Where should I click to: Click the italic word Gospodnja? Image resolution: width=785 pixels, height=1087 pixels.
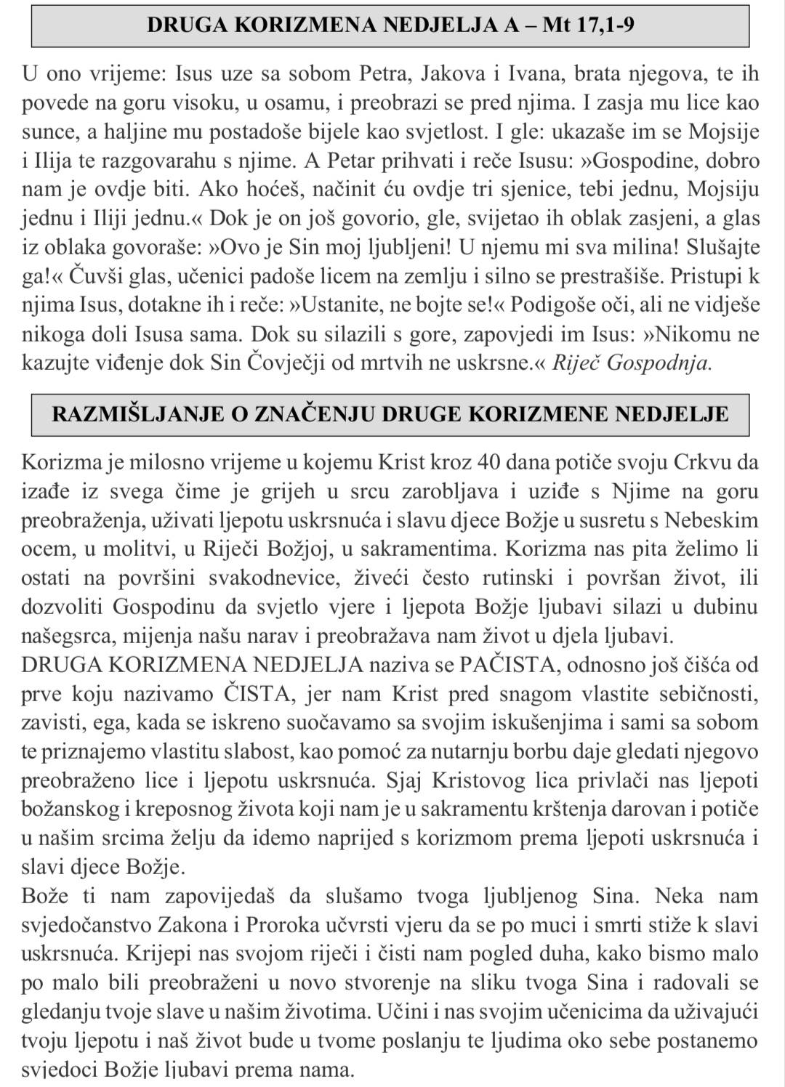coord(658,363)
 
